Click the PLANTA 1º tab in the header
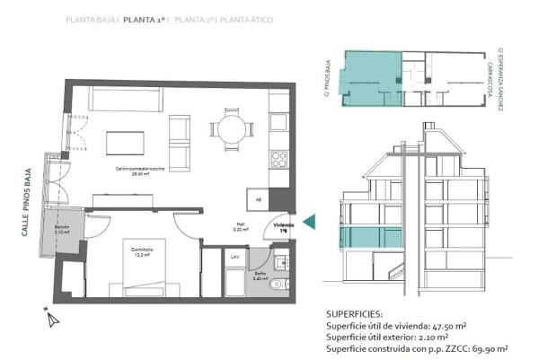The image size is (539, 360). click(x=146, y=19)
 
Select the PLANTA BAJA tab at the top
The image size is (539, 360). click(x=91, y=19)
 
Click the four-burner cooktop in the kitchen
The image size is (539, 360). click(x=278, y=161)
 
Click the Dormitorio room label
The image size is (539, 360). click(x=131, y=251)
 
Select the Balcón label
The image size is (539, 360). click(x=62, y=230)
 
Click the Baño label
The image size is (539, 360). click(x=258, y=277)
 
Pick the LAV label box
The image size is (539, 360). click(x=234, y=257)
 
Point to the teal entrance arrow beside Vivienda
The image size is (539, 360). click(x=309, y=221)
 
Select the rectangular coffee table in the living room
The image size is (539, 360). click(x=128, y=143)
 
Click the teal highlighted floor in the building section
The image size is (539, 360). click(x=371, y=238)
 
